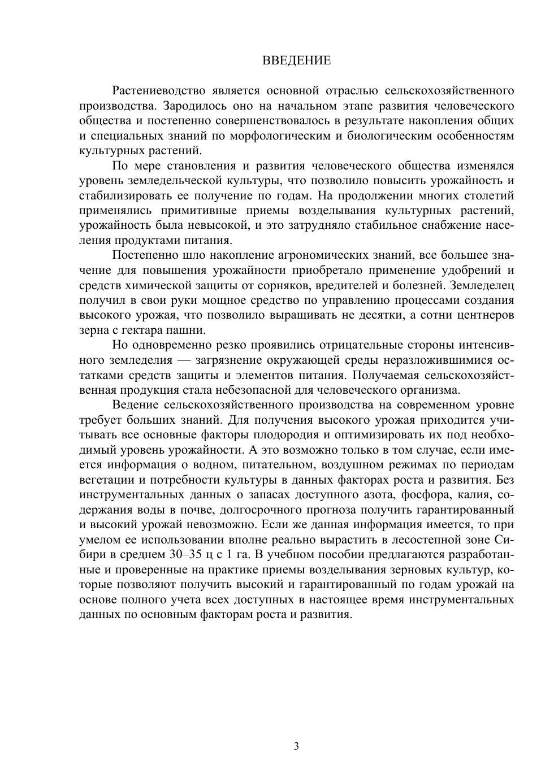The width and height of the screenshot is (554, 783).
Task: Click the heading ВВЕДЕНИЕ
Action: [297, 60]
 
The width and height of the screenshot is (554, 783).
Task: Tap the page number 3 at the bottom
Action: [297, 746]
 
